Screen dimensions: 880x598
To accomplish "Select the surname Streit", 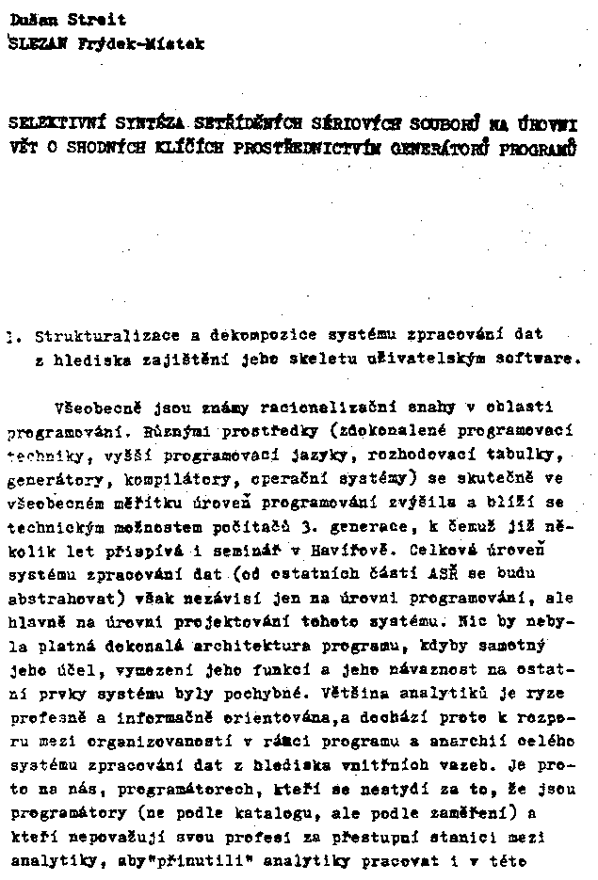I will tap(97, 20).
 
